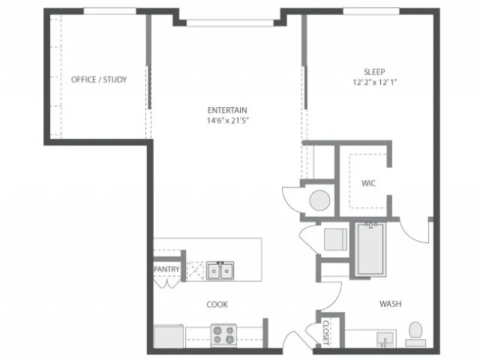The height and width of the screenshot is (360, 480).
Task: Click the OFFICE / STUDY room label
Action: [99, 79]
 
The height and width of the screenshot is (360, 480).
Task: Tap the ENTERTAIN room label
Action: [227, 110]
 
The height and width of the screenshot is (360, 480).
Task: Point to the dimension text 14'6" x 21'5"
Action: [227, 120]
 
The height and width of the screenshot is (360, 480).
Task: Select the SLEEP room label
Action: [374, 72]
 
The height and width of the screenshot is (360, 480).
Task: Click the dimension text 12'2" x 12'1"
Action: [375, 82]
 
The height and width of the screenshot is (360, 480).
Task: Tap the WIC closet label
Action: [368, 183]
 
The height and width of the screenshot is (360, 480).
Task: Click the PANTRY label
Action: [166, 269]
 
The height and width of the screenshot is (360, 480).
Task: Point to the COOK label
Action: [217, 304]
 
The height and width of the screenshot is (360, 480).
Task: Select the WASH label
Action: [390, 304]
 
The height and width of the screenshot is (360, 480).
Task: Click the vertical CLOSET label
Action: [325, 332]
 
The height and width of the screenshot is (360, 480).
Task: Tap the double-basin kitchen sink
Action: [220, 271]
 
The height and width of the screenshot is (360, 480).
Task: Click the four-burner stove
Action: [223, 335]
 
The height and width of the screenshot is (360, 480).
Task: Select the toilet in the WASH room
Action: [415, 334]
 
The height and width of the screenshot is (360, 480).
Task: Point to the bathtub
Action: [370, 250]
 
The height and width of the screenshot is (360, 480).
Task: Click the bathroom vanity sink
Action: [385, 339]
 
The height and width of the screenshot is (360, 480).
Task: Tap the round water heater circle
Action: [319, 200]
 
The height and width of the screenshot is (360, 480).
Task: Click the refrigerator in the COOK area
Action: [169, 336]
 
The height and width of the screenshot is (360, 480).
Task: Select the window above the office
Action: [110, 11]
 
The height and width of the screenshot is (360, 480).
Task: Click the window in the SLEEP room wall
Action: [371, 11]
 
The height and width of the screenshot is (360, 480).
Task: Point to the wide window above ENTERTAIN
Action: [230, 23]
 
